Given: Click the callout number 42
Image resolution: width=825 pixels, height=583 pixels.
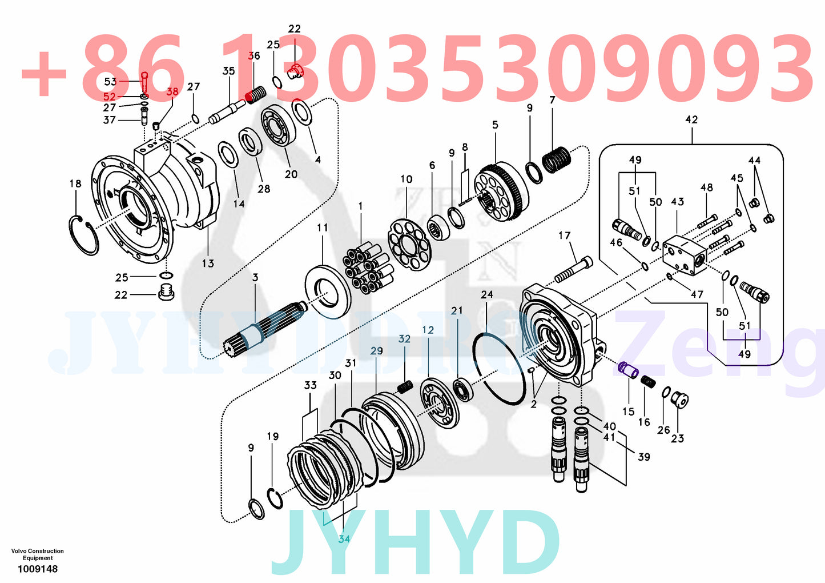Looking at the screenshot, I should (691, 119).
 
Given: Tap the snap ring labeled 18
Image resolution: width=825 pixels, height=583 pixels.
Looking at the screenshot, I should (83, 235).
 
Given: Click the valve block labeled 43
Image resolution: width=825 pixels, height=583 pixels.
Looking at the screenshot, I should (685, 253).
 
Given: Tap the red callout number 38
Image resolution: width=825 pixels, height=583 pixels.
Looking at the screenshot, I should (172, 91).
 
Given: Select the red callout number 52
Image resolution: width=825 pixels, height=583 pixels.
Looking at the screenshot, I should (110, 97).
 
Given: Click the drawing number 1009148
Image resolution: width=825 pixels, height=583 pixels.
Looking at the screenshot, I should (37, 569).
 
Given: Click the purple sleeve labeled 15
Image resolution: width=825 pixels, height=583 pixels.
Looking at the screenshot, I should (629, 369).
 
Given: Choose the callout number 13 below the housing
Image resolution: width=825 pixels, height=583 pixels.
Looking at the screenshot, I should (207, 263).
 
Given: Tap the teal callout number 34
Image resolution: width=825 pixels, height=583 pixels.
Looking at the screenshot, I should (344, 539).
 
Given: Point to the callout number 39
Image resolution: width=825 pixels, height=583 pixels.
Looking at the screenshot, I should (643, 457).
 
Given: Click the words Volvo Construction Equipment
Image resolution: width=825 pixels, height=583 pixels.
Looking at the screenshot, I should (37, 554).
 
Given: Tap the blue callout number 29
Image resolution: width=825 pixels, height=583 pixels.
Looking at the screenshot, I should (376, 351).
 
